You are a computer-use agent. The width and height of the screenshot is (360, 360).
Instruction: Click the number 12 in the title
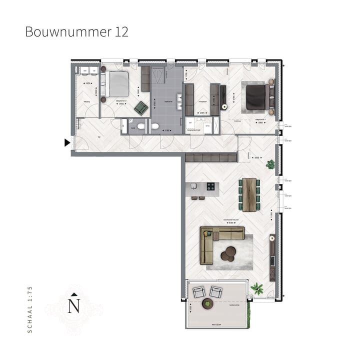[x=121, y=32]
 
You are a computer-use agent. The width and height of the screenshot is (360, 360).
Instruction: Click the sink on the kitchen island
[x=194, y=186]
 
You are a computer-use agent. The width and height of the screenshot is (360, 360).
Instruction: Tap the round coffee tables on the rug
[x=229, y=253]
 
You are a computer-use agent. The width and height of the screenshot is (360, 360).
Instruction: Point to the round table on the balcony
[x=207, y=303]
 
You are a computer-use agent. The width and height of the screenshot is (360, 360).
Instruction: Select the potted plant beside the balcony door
[x=257, y=288]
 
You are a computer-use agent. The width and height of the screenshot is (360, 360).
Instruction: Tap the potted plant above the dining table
[x=270, y=163]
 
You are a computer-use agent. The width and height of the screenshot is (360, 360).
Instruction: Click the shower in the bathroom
[x=159, y=77]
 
